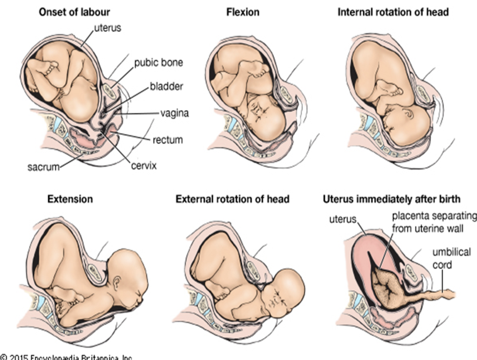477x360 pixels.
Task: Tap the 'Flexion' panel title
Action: point(243,12)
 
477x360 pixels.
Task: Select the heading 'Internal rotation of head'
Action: point(392,12)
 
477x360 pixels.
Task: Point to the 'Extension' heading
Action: point(70,198)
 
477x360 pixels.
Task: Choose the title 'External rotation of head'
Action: point(232,198)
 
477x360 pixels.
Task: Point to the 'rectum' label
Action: point(168,140)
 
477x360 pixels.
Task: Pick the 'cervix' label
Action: point(144,165)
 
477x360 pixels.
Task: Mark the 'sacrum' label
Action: point(43,166)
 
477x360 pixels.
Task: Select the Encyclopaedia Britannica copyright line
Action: point(66,357)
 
